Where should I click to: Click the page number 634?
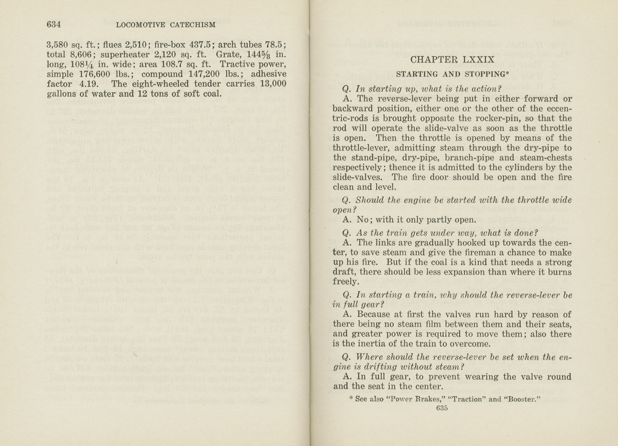click(x=54, y=24)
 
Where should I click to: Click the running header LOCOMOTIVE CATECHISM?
click(x=165, y=25)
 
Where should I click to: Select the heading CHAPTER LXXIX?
click(x=453, y=59)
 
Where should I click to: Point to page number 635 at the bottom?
click(x=442, y=408)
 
